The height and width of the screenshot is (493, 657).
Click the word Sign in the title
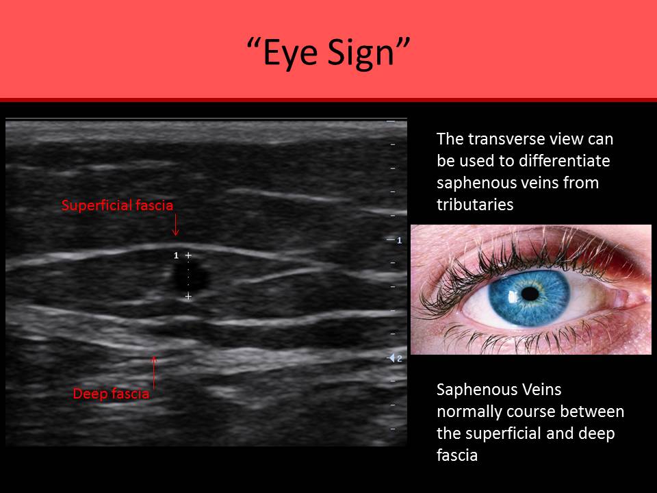tap(361, 53)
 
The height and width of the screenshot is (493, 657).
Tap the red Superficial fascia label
tap(117, 205)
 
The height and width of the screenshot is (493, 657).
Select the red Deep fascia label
tap(111, 394)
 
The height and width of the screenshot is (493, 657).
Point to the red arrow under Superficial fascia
tap(176, 225)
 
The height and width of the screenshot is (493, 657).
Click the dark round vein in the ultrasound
tap(191, 277)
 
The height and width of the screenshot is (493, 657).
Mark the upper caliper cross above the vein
tap(188, 255)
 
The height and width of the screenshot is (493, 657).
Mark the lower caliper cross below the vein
tap(188, 296)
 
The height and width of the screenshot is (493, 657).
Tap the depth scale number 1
tap(399, 240)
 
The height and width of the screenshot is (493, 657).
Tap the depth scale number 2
tap(399, 358)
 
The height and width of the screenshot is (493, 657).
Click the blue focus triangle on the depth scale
tap(392, 358)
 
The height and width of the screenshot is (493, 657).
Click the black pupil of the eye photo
tap(530, 294)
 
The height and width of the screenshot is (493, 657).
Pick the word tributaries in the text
tap(475, 205)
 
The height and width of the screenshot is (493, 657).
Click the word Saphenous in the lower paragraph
tap(472, 390)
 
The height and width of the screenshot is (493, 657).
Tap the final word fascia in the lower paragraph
tap(457, 455)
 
